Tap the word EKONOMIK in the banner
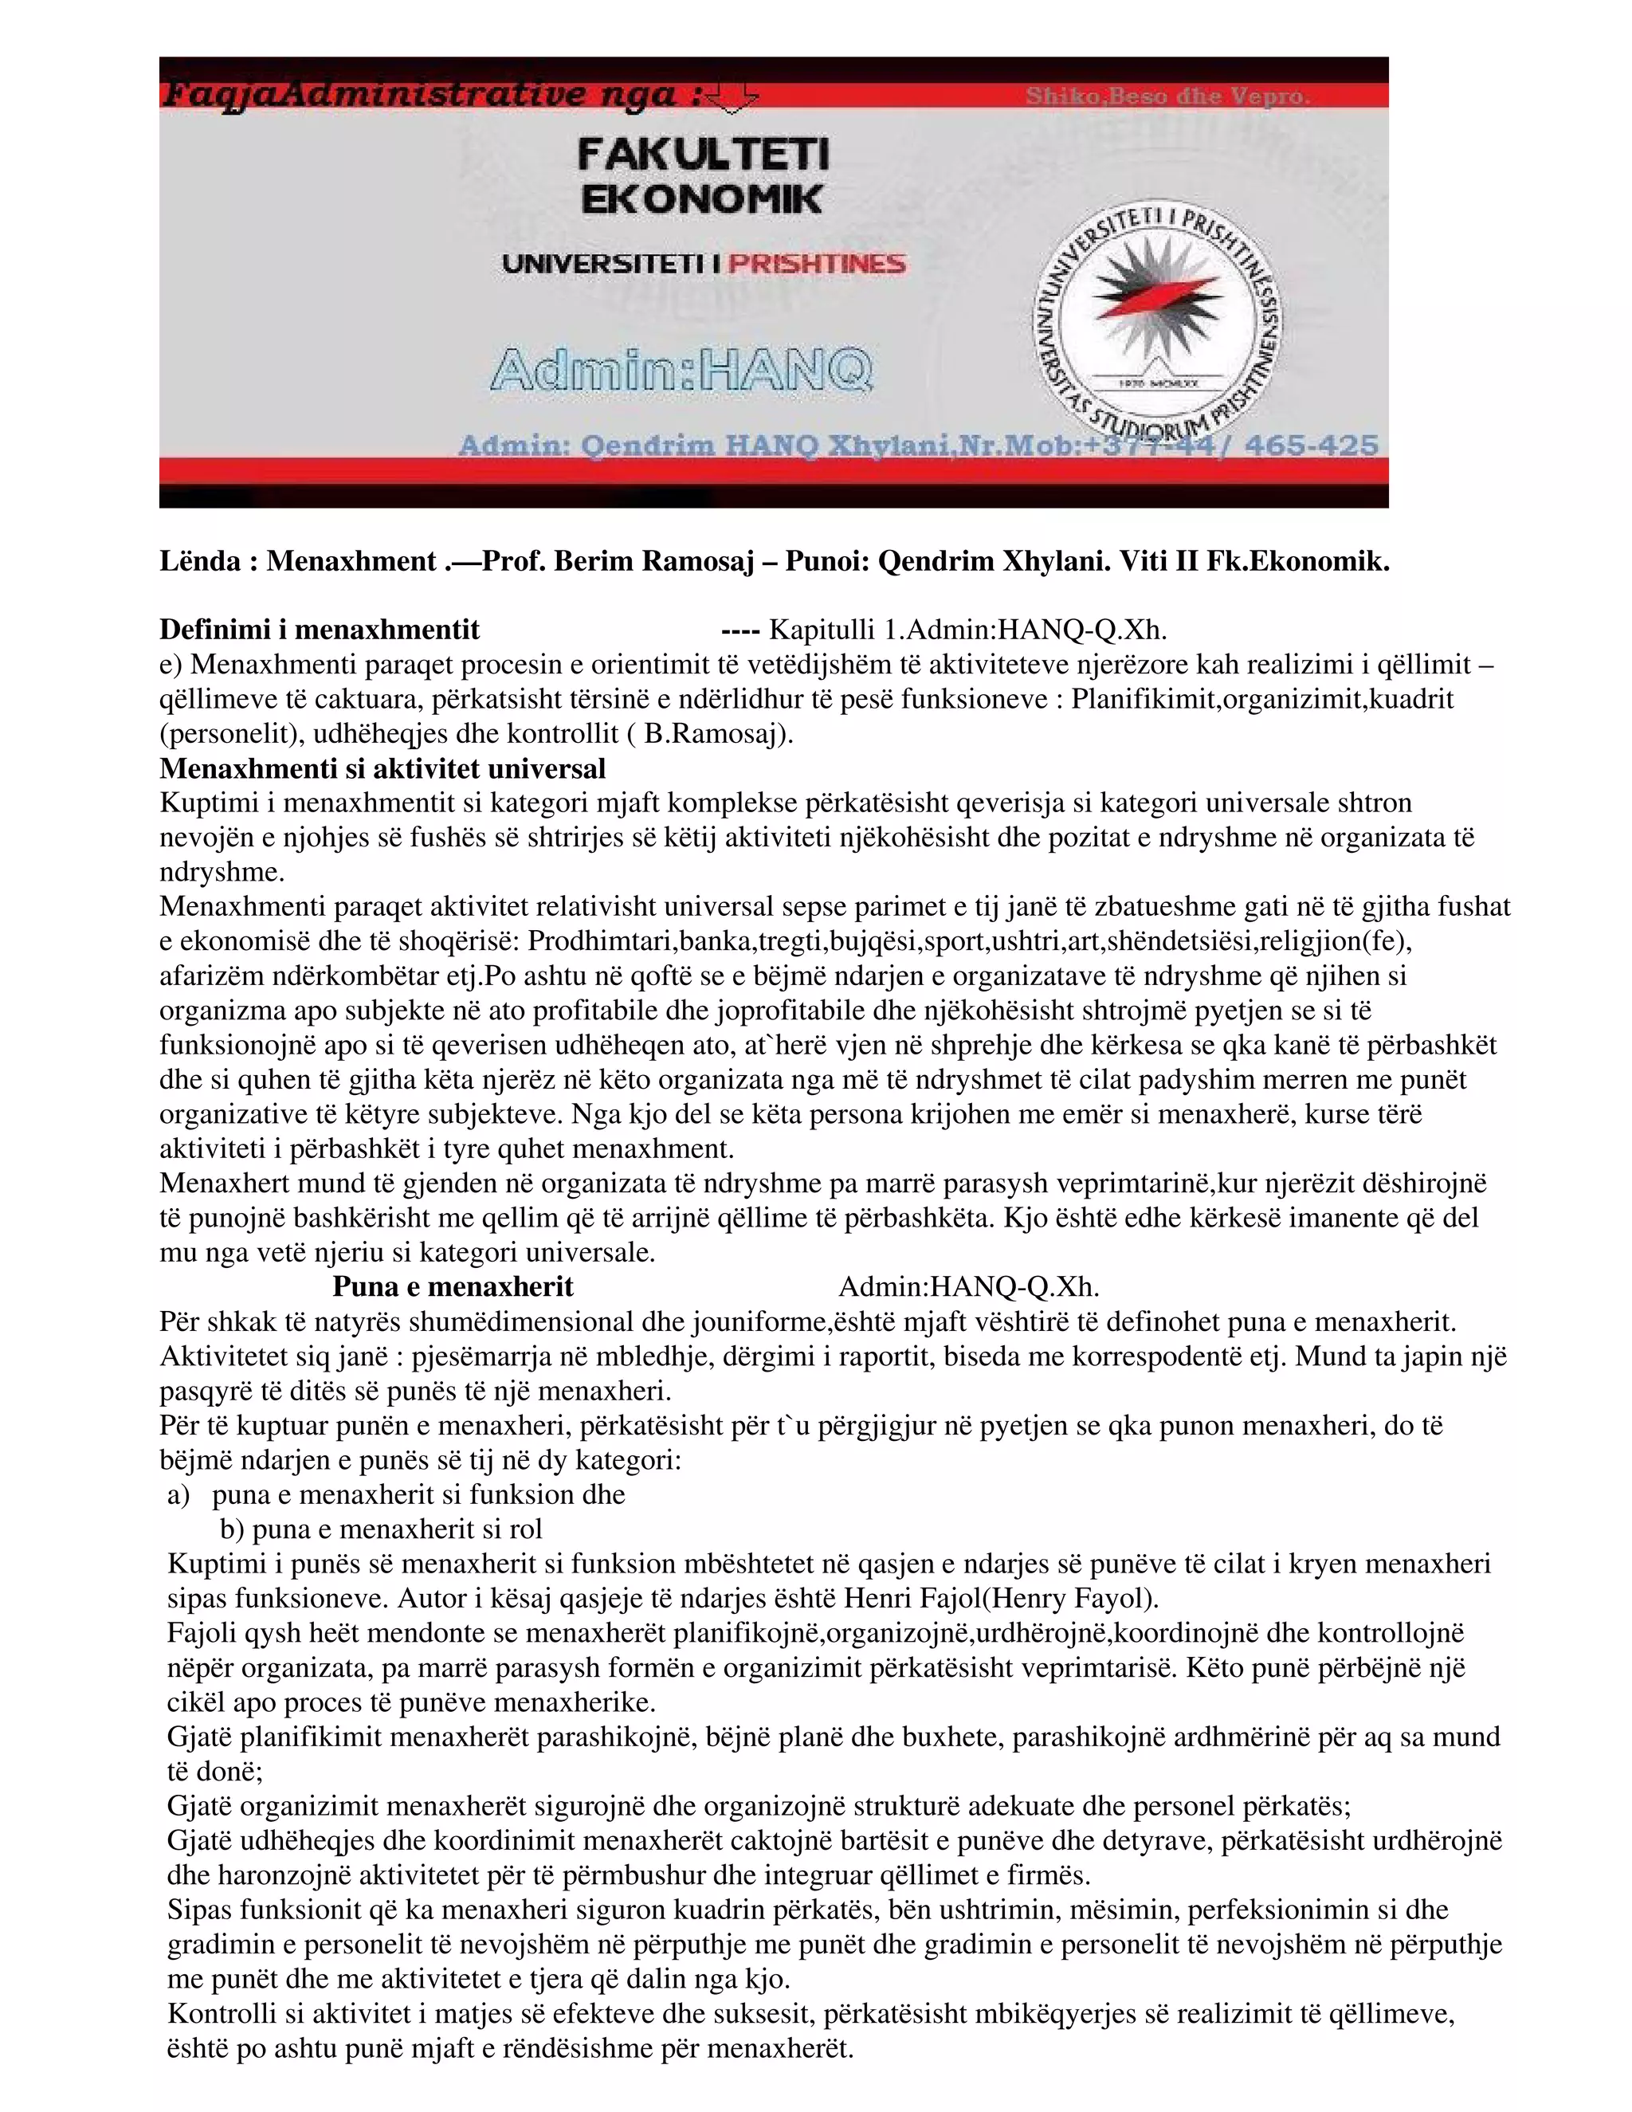702,200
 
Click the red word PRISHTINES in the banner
817,264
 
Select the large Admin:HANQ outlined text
681,371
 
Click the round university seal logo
1156,322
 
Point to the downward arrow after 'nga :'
732,96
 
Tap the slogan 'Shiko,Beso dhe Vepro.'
1167,96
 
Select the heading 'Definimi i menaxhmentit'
319,630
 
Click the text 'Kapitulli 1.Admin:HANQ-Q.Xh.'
967,630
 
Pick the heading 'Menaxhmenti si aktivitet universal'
382,769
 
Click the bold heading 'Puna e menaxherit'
453,1287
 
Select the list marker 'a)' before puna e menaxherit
178,1495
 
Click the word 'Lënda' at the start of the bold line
198,562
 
